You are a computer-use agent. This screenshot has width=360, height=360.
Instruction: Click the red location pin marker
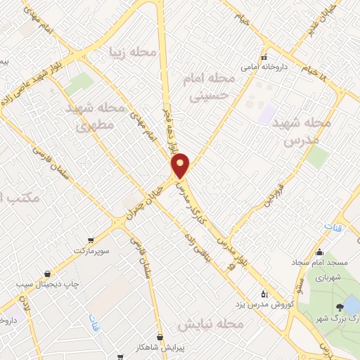(x=181, y=165)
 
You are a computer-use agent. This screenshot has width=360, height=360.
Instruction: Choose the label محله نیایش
(x=210, y=325)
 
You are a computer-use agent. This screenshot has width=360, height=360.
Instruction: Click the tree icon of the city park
(x=340, y=307)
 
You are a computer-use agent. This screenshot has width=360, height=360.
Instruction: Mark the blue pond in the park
(x=350, y=304)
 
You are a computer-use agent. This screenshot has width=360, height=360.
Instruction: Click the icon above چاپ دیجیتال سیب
(x=47, y=274)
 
